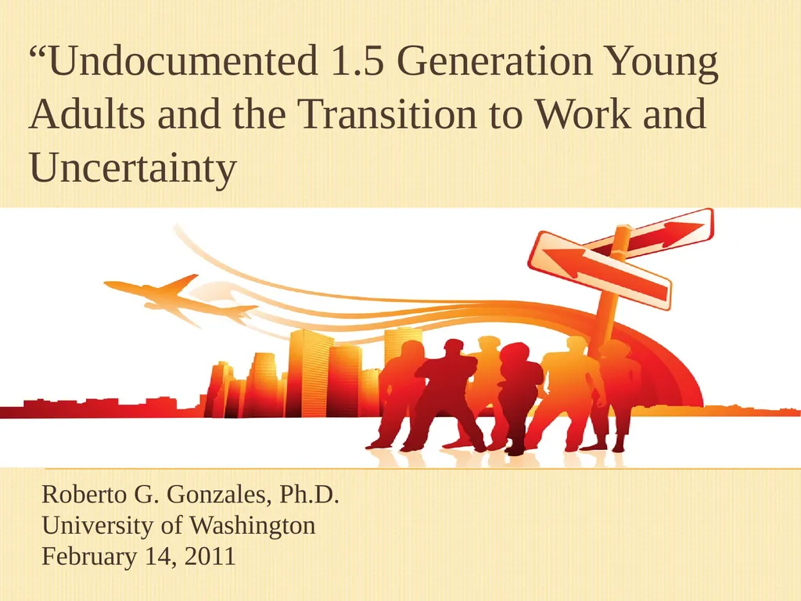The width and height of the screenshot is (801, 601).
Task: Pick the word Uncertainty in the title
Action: (x=132, y=168)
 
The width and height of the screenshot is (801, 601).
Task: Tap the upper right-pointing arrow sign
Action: (x=653, y=232)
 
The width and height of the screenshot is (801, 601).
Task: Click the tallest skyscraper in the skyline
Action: (x=309, y=373)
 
